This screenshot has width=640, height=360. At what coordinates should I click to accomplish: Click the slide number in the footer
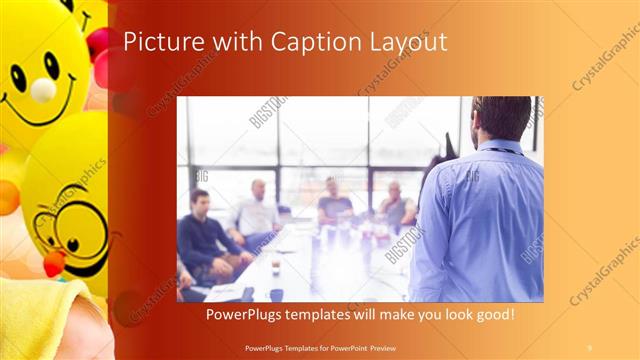[x=589, y=347]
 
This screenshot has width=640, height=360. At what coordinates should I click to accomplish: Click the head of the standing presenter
[x=502, y=117]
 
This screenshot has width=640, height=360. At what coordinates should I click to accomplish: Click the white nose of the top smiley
[x=43, y=90]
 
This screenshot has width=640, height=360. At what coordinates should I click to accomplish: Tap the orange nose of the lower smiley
[x=54, y=262]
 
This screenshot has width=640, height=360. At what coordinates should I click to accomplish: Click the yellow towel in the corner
[x=40, y=320]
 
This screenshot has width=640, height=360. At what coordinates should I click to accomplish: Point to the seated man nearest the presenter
[x=398, y=207]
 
